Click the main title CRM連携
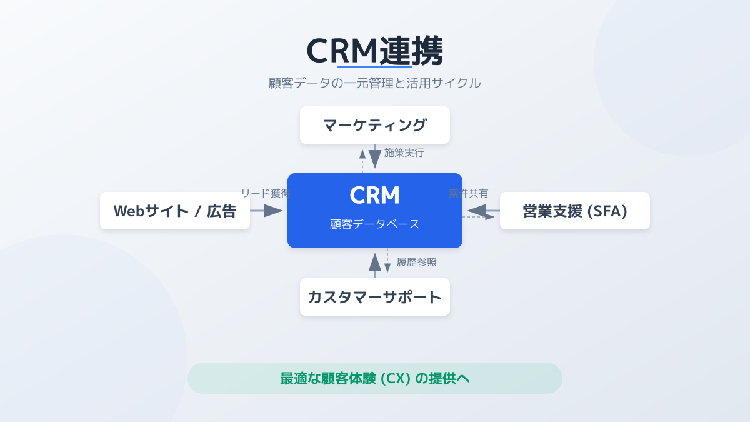(375, 50)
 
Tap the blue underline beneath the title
(375, 66)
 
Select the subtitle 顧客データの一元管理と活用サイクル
(375, 83)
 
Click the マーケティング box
(375, 125)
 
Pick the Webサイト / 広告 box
(175, 211)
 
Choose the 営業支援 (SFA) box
(575, 211)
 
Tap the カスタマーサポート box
(375, 297)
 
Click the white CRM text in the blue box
(375, 195)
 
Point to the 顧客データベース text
(375, 224)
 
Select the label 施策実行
(404, 153)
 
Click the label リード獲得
(265, 193)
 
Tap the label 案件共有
(469, 193)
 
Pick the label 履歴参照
(417, 262)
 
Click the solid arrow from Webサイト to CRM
(267, 211)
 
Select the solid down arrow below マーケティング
(375, 156)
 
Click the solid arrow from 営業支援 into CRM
(482, 211)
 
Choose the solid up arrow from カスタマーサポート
(375, 265)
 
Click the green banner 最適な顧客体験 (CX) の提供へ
(375, 378)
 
